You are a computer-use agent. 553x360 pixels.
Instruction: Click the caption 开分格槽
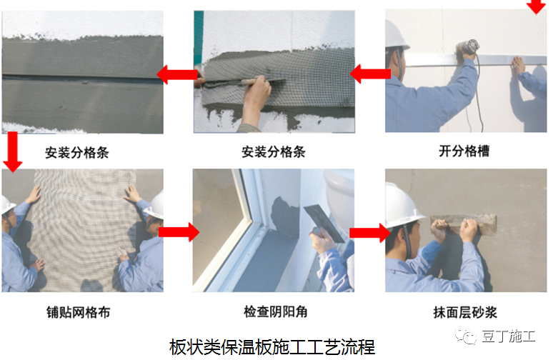[x=464, y=151]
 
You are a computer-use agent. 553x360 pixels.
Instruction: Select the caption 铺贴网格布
[x=78, y=312]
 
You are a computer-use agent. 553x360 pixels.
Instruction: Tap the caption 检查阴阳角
[x=276, y=311]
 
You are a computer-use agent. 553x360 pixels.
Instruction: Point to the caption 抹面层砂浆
[x=465, y=312]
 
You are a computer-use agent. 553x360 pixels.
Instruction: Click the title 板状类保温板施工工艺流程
[x=272, y=347]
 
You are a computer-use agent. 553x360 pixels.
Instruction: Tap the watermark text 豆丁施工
[x=508, y=336]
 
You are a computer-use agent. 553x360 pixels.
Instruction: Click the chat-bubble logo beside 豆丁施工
[x=466, y=336]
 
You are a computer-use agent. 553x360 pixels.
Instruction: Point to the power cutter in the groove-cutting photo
[x=467, y=49]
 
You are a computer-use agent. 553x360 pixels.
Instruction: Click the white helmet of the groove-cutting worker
[x=397, y=35]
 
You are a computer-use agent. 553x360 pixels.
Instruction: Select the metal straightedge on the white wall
[x=476, y=59]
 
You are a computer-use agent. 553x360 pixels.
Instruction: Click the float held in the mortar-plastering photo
[x=464, y=224]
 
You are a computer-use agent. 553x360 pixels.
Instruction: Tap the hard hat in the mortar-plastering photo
[x=403, y=205]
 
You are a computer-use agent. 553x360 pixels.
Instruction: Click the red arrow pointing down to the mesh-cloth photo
[x=12, y=152]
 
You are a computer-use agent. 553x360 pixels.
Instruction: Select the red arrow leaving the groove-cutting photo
[x=370, y=74]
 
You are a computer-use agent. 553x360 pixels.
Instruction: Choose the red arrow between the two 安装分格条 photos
[x=177, y=74]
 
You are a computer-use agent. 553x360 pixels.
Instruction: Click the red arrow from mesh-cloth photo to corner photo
[x=179, y=232]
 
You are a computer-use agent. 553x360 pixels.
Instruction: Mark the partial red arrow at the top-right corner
[x=536, y=6]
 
